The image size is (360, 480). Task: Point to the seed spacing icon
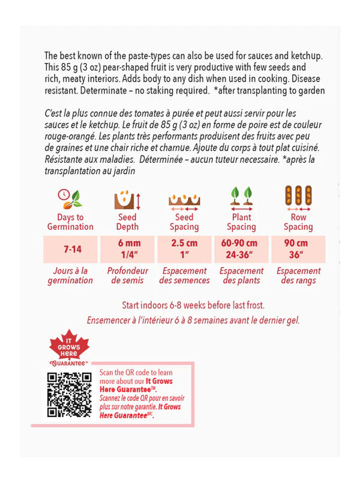tap(184, 200)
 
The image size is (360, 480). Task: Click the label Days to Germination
tap(70, 222)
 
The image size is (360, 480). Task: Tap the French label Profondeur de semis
tap(127, 275)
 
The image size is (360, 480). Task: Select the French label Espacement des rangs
tap(298, 275)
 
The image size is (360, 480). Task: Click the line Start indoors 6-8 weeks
tap(193, 305)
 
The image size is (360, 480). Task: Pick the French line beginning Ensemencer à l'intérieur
tap(193, 320)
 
